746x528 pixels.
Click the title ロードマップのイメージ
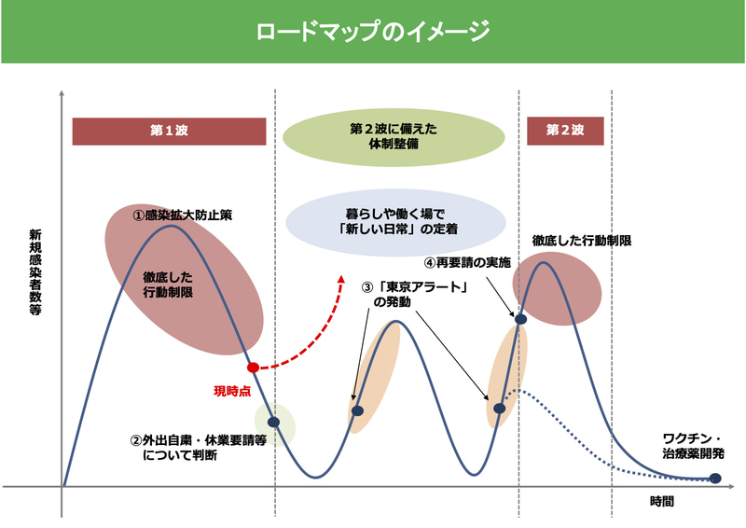(373, 34)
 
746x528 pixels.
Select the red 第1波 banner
(169, 132)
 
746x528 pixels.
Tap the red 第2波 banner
(565, 132)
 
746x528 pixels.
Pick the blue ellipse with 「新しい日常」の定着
(396, 219)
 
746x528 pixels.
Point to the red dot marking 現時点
(253, 368)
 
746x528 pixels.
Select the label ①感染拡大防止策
(182, 215)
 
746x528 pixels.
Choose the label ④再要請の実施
(467, 263)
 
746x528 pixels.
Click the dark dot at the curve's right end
(714, 479)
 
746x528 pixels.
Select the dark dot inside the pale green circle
(273, 423)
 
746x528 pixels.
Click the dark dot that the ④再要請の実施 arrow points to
(521, 320)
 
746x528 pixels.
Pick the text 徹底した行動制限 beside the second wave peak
(583, 241)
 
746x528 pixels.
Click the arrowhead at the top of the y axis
(62, 93)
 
